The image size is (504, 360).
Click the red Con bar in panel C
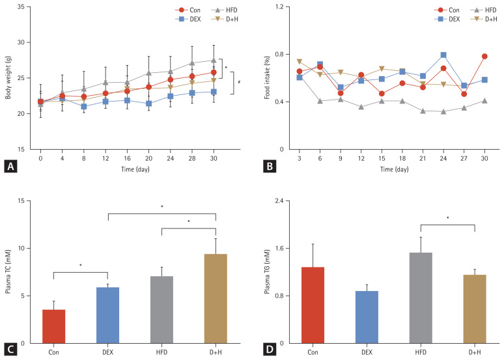point(53,326)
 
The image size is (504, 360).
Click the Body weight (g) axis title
point(9,79)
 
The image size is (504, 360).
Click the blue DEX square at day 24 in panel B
point(443,55)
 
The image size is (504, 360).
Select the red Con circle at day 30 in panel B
point(484,56)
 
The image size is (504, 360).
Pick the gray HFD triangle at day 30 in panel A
point(213,60)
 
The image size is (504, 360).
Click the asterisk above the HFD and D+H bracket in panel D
point(447,218)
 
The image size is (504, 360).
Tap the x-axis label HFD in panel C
point(161,353)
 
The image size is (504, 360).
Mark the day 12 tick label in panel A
point(87,158)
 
